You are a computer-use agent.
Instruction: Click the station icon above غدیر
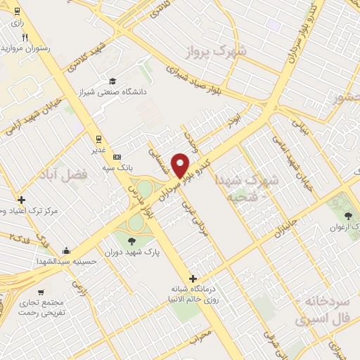pos(97,139)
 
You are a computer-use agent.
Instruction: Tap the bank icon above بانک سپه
pos(117,156)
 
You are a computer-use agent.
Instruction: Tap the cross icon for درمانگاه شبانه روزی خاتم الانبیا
pos(193,278)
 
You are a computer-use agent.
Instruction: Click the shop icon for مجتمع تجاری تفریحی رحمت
pos(44,290)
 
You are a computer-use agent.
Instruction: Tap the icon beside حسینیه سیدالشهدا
pos(66,250)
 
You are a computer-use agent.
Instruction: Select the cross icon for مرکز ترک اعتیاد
pos(22,200)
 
